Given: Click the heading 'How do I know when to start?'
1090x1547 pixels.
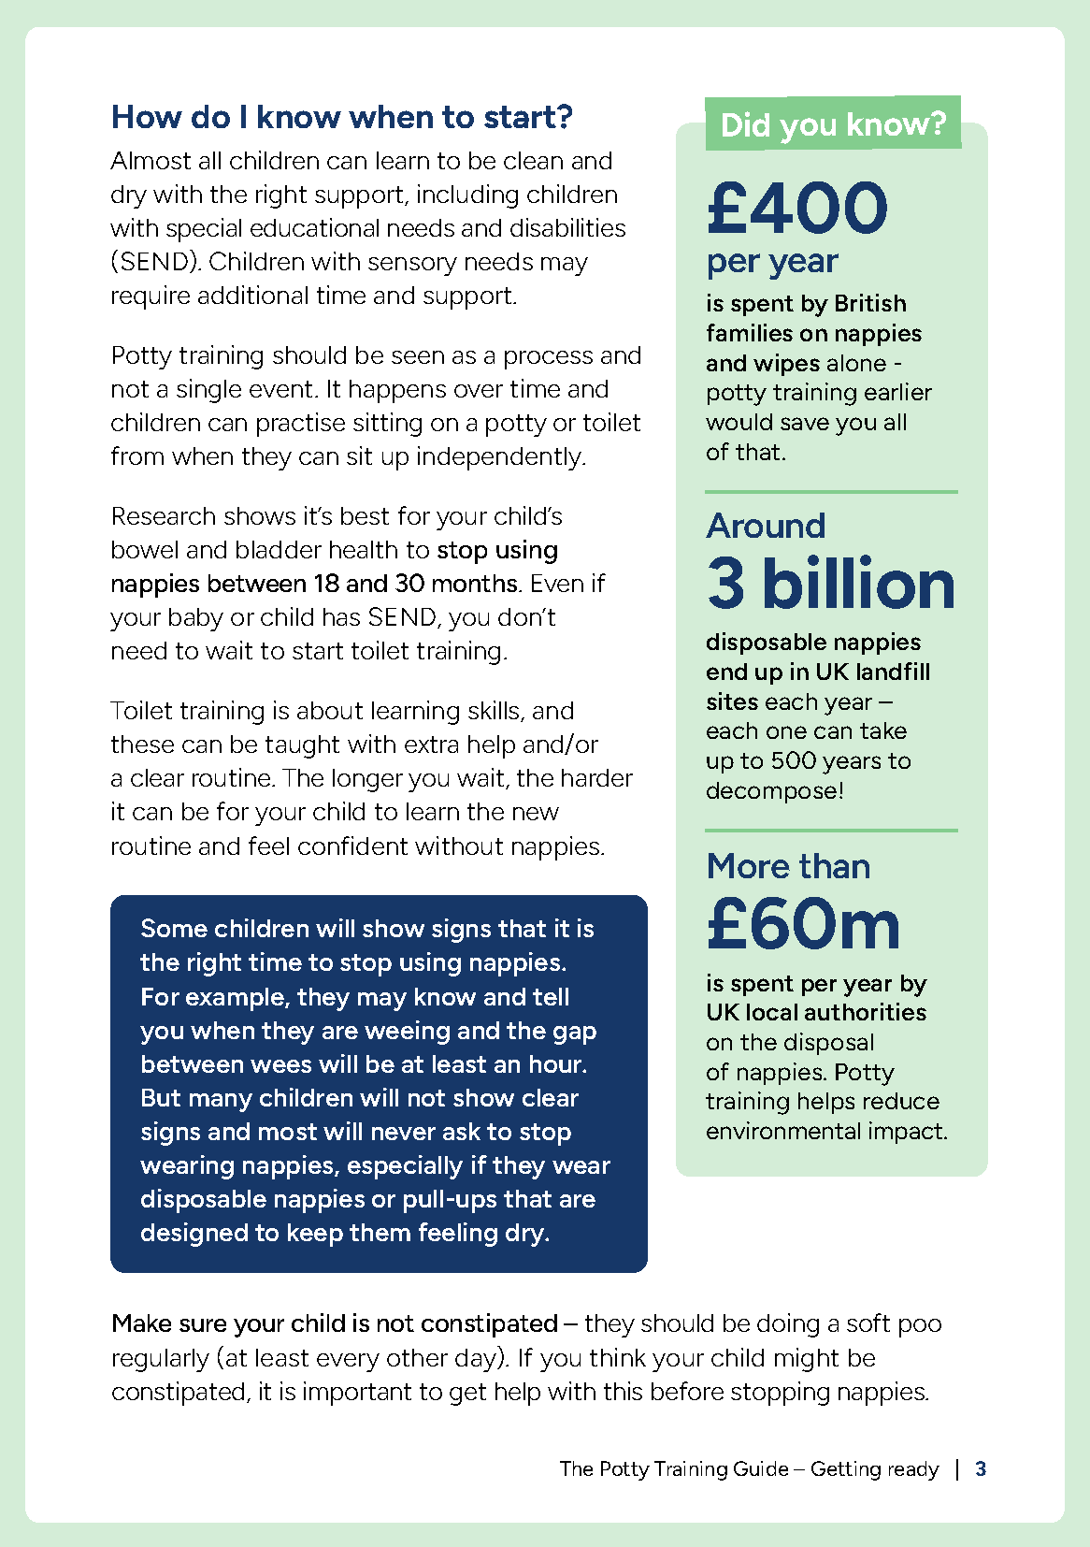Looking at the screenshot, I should click(x=341, y=118).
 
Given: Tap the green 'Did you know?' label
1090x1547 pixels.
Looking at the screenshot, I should click(x=833, y=124).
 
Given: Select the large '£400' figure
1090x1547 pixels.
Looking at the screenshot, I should click(x=797, y=208).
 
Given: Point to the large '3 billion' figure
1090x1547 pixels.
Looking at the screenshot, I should click(x=831, y=585).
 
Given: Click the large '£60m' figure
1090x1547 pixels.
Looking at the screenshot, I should click(x=803, y=924).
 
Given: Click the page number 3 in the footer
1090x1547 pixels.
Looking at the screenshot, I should click(x=981, y=1468).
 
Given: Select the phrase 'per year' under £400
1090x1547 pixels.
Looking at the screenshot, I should click(x=772, y=261).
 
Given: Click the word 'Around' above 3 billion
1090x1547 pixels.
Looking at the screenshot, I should click(x=766, y=526).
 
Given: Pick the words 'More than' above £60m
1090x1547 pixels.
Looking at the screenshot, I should click(x=788, y=866).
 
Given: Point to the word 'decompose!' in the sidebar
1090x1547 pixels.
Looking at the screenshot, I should click(x=774, y=791).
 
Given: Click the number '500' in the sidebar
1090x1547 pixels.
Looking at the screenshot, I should click(x=795, y=761).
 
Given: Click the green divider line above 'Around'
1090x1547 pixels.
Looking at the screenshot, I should click(x=831, y=492).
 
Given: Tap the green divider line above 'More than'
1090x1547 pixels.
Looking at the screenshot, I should click(x=831, y=830).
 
